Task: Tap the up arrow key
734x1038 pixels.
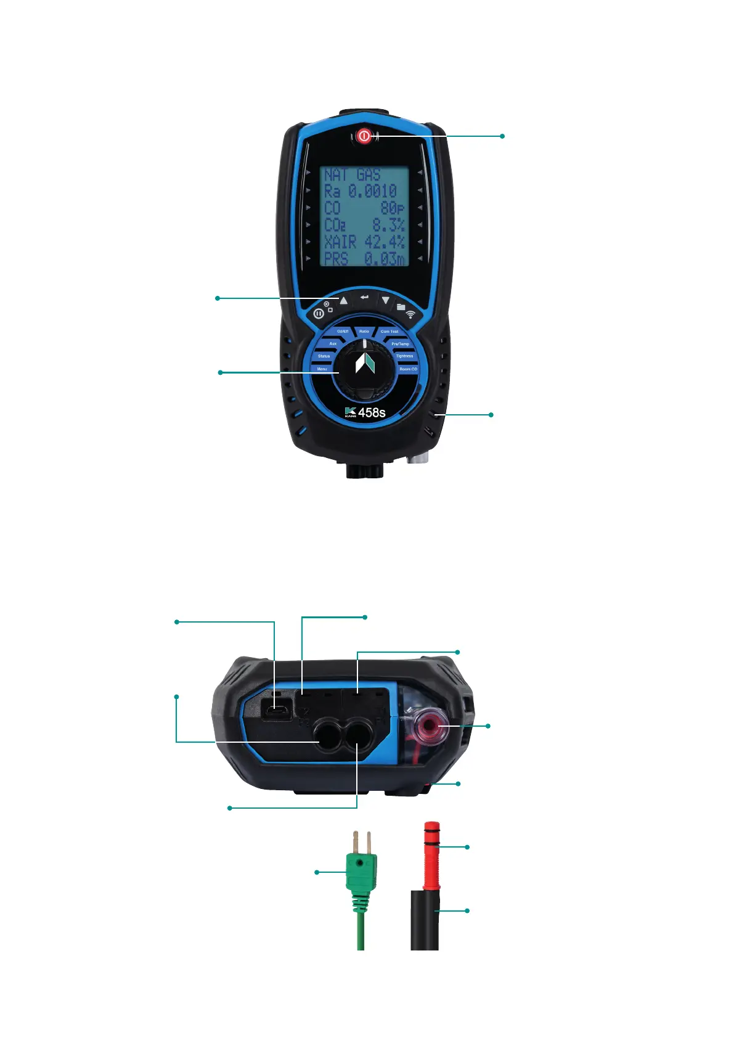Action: [344, 301]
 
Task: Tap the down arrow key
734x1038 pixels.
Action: [385, 301]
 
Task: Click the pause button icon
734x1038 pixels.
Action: [318, 313]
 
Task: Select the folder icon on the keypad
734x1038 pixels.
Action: [401, 306]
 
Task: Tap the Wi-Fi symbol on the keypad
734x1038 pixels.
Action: [411, 314]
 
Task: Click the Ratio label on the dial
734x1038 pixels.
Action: [364, 332]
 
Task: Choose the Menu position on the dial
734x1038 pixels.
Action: [322, 369]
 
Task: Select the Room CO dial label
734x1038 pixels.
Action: [408, 369]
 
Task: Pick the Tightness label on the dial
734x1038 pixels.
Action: [404, 356]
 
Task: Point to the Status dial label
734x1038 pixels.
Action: [324, 356]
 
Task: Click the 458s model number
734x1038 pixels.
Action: [372, 412]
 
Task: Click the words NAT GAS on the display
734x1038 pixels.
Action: [353, 175]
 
